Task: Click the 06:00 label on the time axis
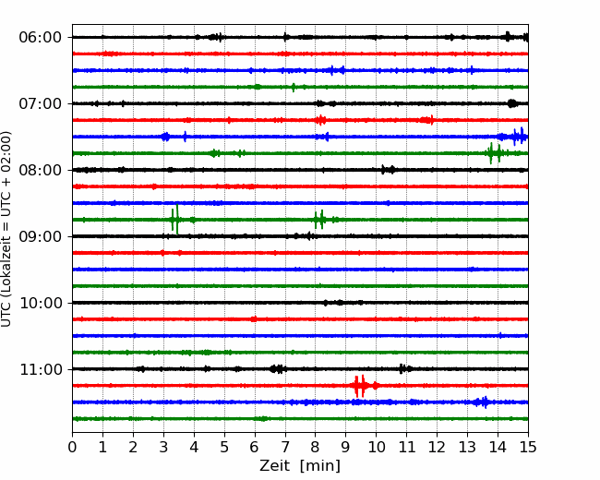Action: pyautogui.click(x=41, y=38)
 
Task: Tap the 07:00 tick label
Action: pyautogui.click(x=41, y=103)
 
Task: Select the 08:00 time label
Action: pyautogui.click(x=41, y=170)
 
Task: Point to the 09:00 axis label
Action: pyautogui.click(x=41, y=236)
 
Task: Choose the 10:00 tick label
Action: pyautogui.click(x=41, y=303)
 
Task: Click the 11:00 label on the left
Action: pyautogui.click(x=41, y=369)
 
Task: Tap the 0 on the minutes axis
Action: pyautogui.click(x=72, y=447)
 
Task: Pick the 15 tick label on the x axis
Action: pyautogui.click(x=528, y=447)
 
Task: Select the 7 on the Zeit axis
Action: pyautogui.click(x=285, y=447)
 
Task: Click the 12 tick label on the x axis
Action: pyautogui.click(x=437, y=447)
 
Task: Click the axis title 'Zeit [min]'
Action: pyautogui.click(x=300, y=466)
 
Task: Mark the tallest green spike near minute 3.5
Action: pyautogui.click(x=177, y=220)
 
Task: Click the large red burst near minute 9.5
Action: pyautogui.click(x=363, y=386)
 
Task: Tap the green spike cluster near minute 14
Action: pyautogui.click(x=495, y=153)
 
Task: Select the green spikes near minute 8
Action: pyautogui.click(x=320, y=220)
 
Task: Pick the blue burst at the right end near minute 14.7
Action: pyautogui.click(x=518, y=137)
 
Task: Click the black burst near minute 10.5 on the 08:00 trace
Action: pyautogui.click(x=388, y=170)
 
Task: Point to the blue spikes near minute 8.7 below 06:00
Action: pyautogui.click(x=337, y=70)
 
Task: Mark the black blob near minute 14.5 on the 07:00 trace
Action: pyautogui.click(x=512, y=103)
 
